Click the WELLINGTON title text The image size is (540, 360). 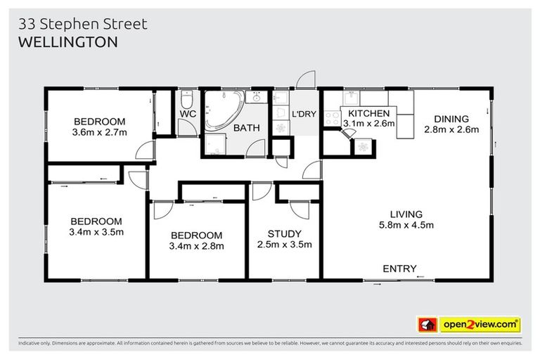pos(67,41)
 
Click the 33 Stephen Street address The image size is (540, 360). pos(82,24)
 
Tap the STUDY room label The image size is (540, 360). pos(285,234)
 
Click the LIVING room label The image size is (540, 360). pos(407,214)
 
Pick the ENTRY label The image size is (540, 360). pos(399,269)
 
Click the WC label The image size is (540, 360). pos(187,114)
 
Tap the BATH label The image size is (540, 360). pos(247,128)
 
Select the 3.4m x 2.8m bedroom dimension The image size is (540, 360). pos(196,246)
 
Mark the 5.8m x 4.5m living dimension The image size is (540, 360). pos(407,226)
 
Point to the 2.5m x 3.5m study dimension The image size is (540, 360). pos(285,245)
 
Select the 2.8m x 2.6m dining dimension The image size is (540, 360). pos(451,129)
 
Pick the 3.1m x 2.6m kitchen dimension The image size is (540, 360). pos(368,124)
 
